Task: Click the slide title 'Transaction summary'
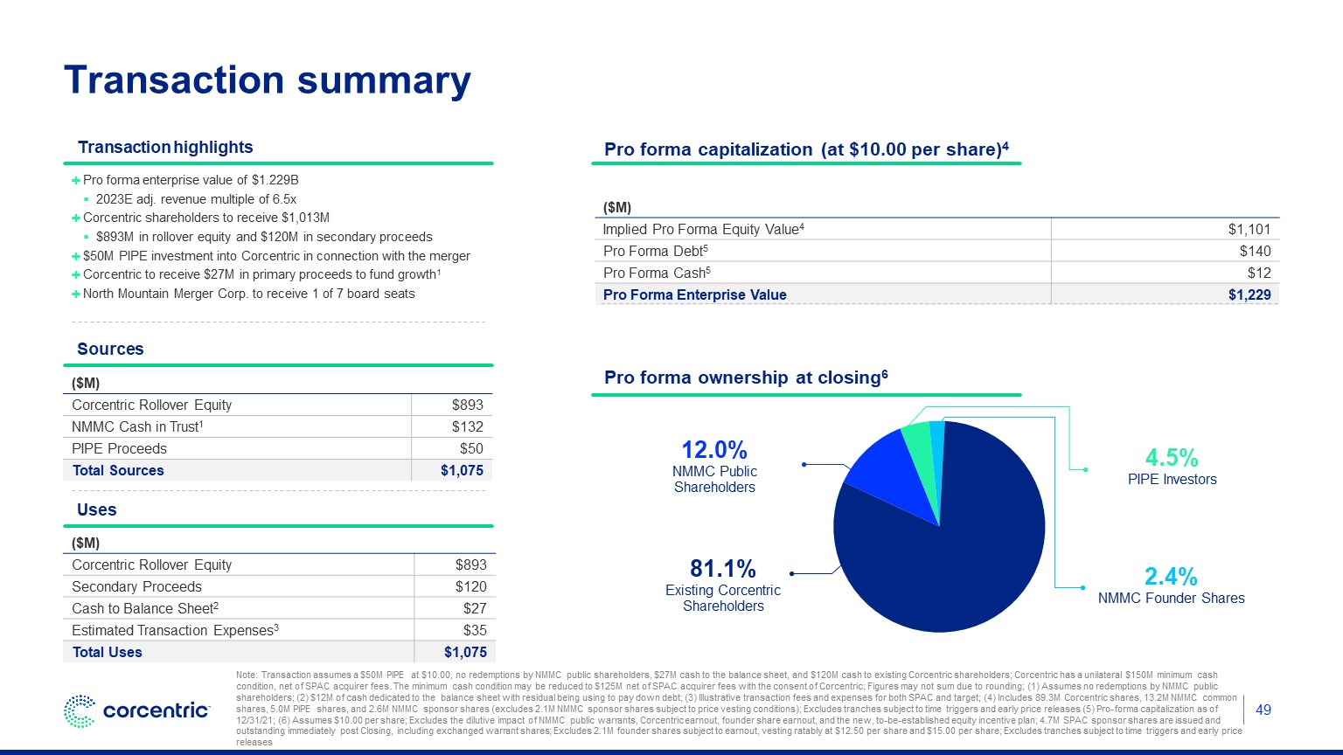pos(268,80)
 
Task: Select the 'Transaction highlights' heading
pos(165,148)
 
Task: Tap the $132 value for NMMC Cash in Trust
pos(467,426)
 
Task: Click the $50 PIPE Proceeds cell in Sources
pos(471,448)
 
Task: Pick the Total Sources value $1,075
pos(462,470)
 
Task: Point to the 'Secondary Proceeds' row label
pos(136,586)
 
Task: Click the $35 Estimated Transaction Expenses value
pos(475,630)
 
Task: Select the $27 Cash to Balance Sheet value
pos(475,608)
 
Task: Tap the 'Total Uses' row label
pos(107,652)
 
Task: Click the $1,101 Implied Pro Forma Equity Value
pos(1249,229)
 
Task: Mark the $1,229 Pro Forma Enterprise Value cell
pos(1249,294)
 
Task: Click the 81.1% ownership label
pos(722,569)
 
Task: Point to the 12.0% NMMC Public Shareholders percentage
pos(714,450)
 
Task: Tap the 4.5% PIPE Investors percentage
pos(1172,458)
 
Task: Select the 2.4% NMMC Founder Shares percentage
pos(1171,577)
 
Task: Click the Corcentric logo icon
pos(80,711)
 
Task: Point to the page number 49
pos(1263,710)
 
